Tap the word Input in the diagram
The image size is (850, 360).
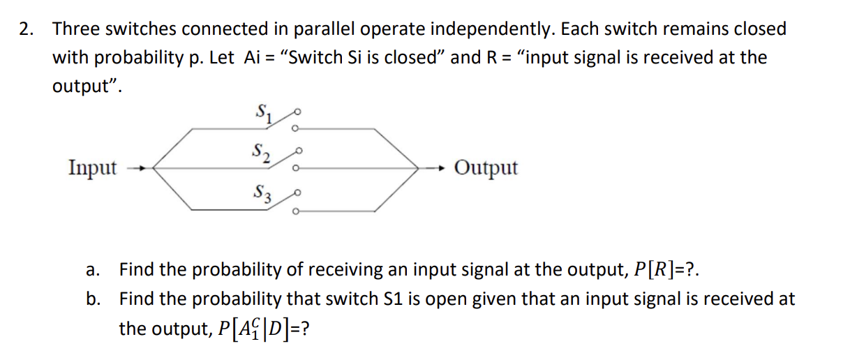[93, 167]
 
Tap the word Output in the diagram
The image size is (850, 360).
[486, 167]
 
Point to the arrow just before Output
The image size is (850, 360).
[435, 168]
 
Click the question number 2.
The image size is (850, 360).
[27, 29]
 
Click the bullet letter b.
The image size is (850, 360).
[92, 299]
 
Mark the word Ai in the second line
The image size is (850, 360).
[252, 57]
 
